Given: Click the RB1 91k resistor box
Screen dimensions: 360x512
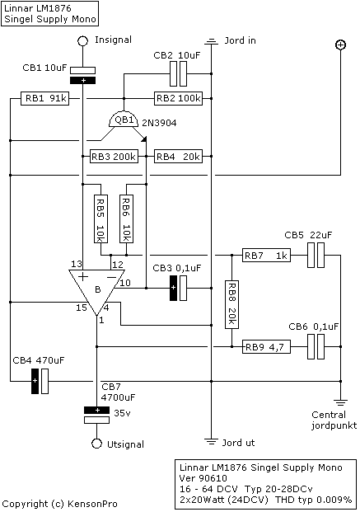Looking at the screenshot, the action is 45,98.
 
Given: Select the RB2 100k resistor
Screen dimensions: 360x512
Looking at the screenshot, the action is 178,98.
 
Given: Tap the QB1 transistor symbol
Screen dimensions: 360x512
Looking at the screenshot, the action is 124,120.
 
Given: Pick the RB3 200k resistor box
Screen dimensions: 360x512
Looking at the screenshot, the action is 114,157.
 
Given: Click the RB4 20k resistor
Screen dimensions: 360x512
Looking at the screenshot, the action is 178,157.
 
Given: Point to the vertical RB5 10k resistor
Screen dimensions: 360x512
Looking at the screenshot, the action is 101,218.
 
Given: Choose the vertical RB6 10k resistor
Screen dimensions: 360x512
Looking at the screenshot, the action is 126,218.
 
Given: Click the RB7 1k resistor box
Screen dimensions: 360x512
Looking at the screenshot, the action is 266,256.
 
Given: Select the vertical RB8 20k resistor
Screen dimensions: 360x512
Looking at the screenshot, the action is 231,304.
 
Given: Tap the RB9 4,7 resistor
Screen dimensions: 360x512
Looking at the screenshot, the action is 266,347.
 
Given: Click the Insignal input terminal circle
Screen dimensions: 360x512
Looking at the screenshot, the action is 83,41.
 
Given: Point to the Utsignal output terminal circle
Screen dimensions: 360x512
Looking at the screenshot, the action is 96,444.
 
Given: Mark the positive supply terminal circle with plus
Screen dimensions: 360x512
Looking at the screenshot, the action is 340,45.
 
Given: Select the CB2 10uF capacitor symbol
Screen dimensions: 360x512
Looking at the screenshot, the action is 179,74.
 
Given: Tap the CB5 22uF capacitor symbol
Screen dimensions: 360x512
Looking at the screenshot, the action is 316,256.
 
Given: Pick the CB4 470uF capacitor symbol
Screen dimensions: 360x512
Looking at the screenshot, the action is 40,381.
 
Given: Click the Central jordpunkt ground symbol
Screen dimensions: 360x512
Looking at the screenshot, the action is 340,402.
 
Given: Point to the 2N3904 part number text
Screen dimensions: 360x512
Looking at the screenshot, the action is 159,123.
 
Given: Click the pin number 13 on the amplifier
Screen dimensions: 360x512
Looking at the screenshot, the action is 76,264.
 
